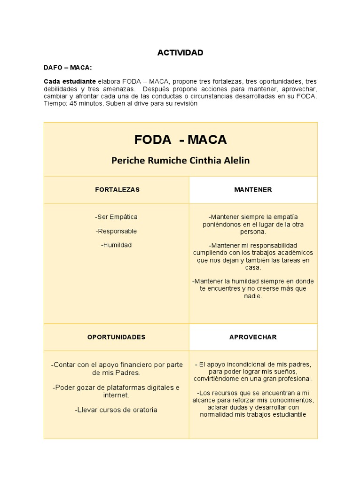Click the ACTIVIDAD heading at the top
(180, 53)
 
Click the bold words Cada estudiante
(70, 81)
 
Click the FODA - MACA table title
(180, 140)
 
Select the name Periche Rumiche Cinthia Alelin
(180, 161)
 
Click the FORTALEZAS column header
(117, 190)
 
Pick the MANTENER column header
(253, 190)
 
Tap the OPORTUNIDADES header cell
(117, 337)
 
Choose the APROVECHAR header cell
(253, 337)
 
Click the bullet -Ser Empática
(116, 217)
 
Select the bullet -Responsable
(116, 231)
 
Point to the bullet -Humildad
(116, 245)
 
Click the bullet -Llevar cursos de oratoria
(116, 410)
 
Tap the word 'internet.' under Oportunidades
(116, 395)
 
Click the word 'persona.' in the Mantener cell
(253, 232)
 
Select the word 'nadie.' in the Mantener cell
(253, 296)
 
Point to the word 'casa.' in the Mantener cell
(253, 267)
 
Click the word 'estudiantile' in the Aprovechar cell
(287, 415)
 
